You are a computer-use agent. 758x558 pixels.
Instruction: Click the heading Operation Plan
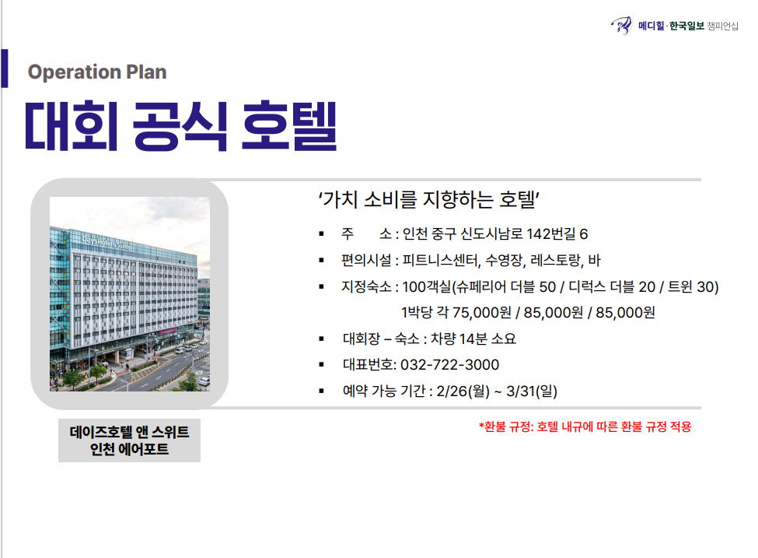click(x=97, y=72)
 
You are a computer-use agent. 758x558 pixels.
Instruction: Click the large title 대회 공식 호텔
click(x=181, y=126)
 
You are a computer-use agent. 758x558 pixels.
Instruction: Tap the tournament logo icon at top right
click(x=621, y=26)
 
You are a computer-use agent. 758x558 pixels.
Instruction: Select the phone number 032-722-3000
click(x=449, y=364)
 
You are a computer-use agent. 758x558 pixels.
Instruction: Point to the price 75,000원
click(x=481, y=313)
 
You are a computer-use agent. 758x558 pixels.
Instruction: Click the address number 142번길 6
click(x=557, y=234)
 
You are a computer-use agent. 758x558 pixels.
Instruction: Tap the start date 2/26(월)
click(x=463, y=391)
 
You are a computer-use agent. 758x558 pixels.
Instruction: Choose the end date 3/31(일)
click(x=532, y=391)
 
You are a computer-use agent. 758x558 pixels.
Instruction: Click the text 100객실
click(x=426, y=287)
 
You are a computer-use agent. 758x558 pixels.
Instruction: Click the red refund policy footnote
click(x=585, y=426)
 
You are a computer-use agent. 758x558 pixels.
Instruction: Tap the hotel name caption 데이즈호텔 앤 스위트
click(x=129, y=432)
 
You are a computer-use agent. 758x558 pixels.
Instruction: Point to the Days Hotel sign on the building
click(x=106, y=242)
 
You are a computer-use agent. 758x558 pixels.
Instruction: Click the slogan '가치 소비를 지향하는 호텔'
click(x=429, y=199)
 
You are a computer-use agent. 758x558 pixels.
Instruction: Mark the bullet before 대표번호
click(x=322, y=365)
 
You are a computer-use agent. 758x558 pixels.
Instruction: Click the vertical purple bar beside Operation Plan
click(x=5, y=68)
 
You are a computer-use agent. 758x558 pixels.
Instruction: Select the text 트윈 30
click(x=691, y=287)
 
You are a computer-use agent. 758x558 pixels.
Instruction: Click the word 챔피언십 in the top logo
click(x=723, y=26)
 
